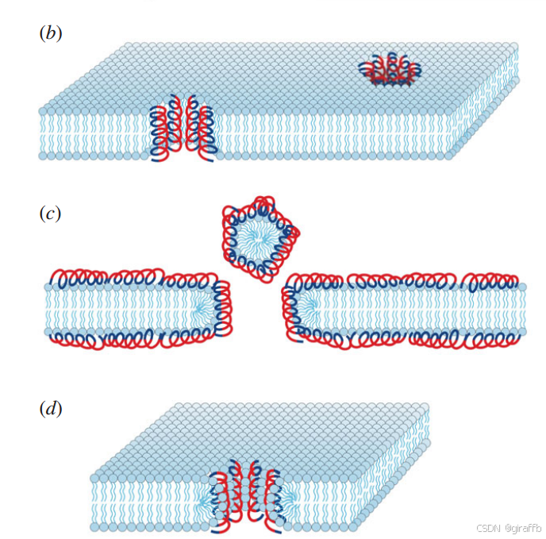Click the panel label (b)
[50, 33]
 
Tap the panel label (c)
[50, 213]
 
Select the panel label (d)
[50, 410]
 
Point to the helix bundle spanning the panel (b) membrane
[183, 131]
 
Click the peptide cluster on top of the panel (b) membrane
[390, 70]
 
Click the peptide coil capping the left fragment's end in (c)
[222, 306]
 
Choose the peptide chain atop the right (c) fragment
[405, 280]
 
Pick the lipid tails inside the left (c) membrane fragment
[119, 309]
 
